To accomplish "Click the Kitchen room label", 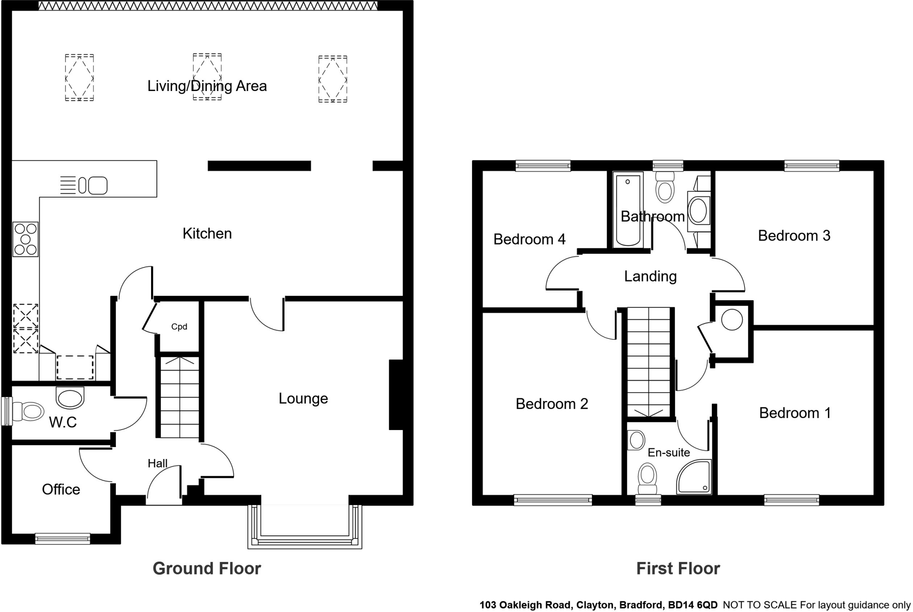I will point(207,234).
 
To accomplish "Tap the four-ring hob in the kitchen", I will point(25,240).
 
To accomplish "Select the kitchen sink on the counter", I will point(93,186).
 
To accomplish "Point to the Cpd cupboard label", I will point(179,327).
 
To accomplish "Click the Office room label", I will point(61,490).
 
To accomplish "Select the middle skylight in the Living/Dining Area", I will point(207,77).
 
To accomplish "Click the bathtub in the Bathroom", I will point(628,210).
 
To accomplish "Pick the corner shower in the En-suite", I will point(694,477).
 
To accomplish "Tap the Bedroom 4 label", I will point(529,240).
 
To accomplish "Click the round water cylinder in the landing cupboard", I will point(732,320).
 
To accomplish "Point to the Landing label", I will point(650,277).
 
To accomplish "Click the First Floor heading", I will point(678,569).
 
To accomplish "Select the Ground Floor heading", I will point(207,569).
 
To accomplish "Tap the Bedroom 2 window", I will point(553,500).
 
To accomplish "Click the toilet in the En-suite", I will point(647,477).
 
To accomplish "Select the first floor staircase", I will point(649,361).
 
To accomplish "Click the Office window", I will point(63,539).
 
